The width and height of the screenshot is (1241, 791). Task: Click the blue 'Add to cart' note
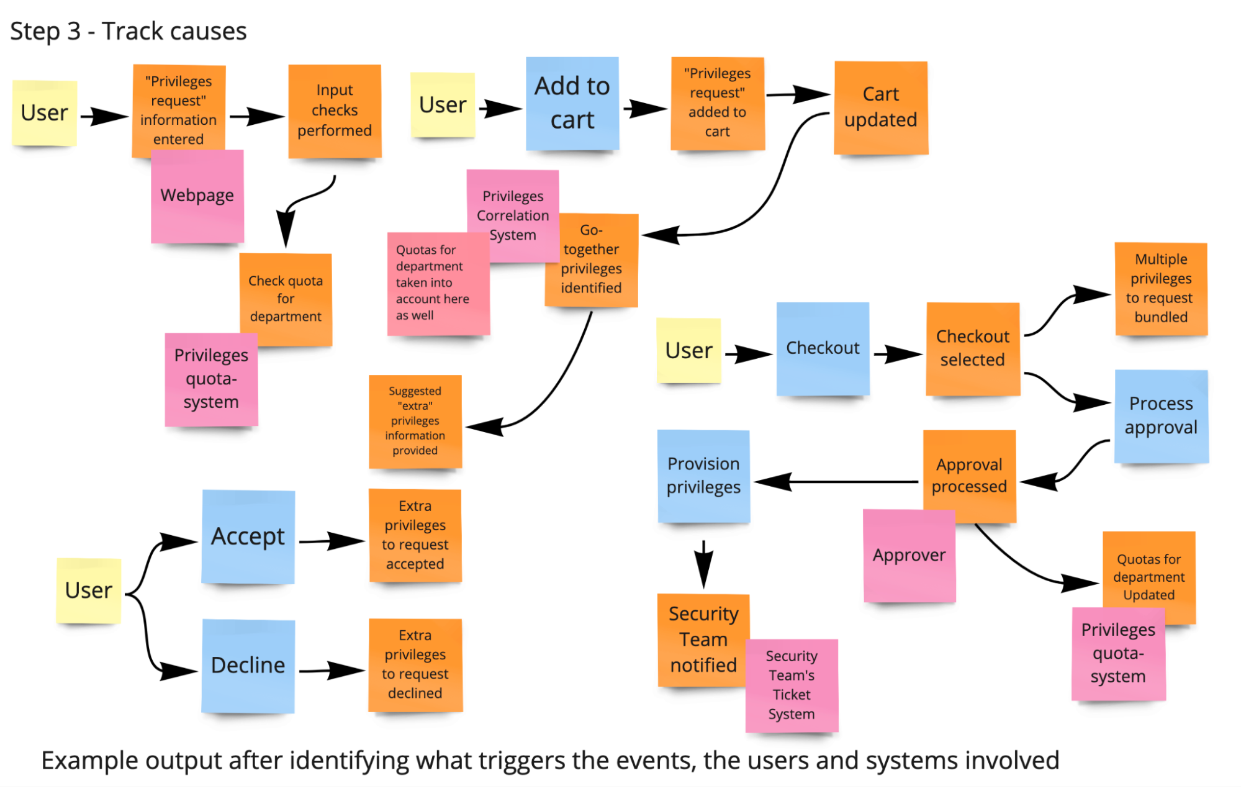[572, 103]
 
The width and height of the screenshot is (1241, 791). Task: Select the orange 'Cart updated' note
[880, 107]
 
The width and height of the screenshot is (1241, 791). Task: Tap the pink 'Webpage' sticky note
[197, 196]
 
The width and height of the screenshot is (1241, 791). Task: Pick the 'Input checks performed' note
[334, 111]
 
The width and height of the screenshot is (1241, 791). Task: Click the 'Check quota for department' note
[286, 298]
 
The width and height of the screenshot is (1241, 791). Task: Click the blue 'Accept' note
[248, 536]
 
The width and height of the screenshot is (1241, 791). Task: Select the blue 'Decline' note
[248, 666]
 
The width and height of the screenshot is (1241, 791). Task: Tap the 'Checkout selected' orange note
[972, 348]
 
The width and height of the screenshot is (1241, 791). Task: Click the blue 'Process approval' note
[1161, 416]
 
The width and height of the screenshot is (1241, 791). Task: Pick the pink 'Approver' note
[909, 556]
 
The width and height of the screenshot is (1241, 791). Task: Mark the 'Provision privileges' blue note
[703, 476]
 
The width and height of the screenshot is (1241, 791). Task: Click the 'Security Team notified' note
[703, 640]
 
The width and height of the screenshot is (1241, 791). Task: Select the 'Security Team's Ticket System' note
[792, 685]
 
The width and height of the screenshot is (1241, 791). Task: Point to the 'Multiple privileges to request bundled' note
[1161, 289]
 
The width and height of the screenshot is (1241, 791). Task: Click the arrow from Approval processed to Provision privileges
[838, 482]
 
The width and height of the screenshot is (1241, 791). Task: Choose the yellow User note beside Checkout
[688, 351]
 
